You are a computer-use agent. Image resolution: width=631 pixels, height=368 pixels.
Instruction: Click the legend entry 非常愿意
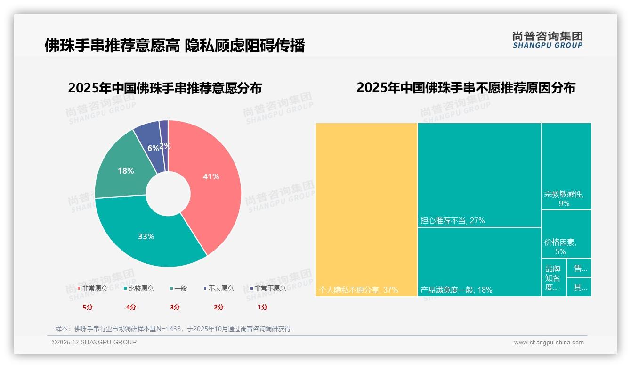coord(92,288)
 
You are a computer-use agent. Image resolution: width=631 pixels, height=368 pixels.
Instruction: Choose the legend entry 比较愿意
coord(138,288)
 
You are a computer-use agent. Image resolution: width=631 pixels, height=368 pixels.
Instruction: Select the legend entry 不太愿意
coord(218,288)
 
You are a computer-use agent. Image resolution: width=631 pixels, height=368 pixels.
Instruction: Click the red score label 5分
coord(88,307)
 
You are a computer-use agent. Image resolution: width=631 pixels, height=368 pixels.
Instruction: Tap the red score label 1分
coord(262,307)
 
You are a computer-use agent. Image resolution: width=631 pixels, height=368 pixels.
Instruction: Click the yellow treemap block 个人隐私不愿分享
coord(366,209)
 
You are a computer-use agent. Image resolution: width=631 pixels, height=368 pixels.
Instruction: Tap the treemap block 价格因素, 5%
coord(566,234)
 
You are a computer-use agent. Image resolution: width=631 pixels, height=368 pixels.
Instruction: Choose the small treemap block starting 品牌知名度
coord(554,277)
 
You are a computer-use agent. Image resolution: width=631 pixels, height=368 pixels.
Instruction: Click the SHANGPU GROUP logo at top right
coord(548,40)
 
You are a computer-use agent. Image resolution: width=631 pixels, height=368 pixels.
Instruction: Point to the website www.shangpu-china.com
coord(549,343)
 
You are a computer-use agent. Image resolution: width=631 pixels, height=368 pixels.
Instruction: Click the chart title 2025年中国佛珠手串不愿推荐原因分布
coord(466,88)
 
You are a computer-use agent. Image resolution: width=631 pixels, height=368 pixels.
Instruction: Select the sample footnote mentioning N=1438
coord(173,329)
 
